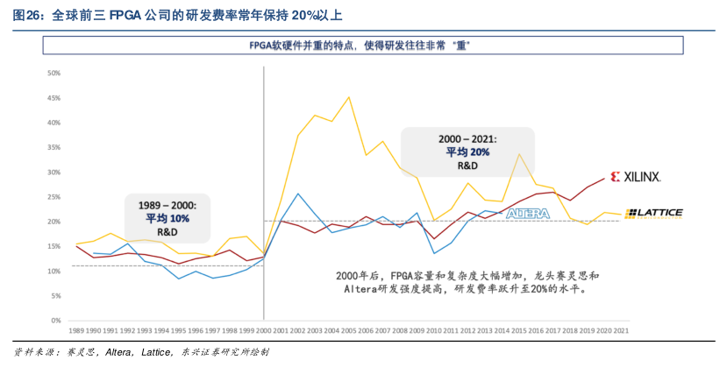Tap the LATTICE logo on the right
(x=653, y=213)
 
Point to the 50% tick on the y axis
(x=54, y=74)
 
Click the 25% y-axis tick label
(x=54, y=197)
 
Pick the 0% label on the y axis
(x=56, y=320)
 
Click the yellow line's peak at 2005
(x=348, y=97)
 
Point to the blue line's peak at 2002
(x=298, y=194)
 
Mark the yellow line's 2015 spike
(x=518, y=154)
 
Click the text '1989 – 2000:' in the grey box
(x=167, y=204)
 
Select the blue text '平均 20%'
(x=467, y=152)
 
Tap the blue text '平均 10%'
(x=167, y=218)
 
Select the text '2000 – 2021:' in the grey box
(x=467, y=138)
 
